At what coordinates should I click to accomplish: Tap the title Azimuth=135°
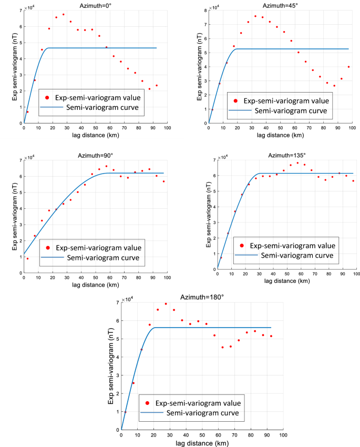click(x=286, y=155)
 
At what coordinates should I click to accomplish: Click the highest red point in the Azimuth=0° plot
click(x=64, y=14)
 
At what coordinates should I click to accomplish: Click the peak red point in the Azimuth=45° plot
click(x=255, y=16)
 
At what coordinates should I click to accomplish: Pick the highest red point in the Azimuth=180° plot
click(x=166, y=303)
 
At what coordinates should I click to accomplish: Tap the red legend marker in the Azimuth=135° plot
click(x=242, y=245)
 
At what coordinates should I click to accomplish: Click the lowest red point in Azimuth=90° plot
click(x=27, y=258)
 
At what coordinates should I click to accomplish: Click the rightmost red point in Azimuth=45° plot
click(x=348, y=67)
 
